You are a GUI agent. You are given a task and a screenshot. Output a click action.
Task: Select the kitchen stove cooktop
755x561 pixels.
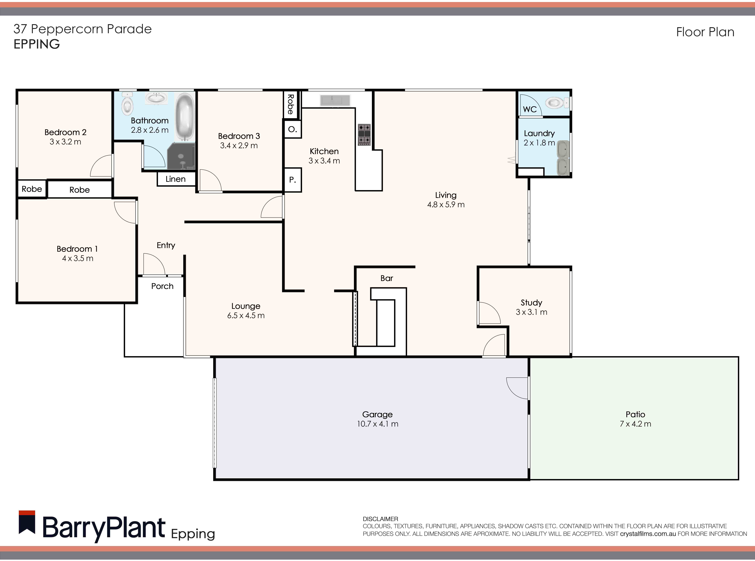364,134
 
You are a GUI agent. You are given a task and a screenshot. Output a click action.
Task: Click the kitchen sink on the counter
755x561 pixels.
335,100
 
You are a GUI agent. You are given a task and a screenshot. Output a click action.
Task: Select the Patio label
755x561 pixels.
635,414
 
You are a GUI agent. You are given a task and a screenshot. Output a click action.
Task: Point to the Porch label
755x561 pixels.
162,286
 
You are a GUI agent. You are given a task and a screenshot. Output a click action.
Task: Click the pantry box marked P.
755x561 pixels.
292,180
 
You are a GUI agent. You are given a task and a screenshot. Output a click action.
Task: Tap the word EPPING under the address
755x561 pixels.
37,44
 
